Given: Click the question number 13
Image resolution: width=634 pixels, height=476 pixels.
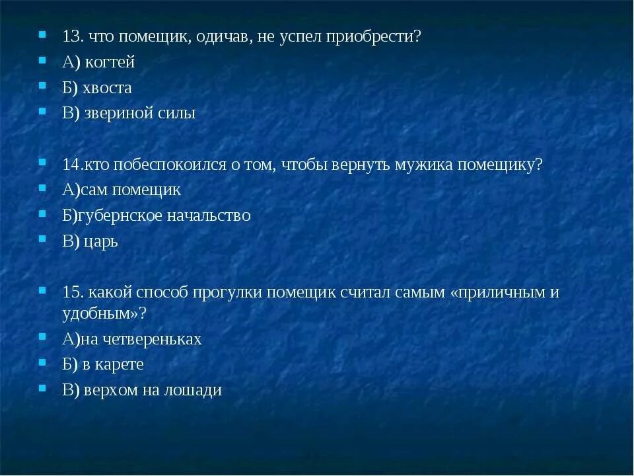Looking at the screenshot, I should tap(71, 37).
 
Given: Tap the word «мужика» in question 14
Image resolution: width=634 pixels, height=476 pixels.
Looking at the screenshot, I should tap(428, 165).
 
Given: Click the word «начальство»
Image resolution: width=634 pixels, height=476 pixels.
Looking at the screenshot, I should tap(211, 216).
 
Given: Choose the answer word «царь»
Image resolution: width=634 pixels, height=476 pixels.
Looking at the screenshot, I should tap(102, 241).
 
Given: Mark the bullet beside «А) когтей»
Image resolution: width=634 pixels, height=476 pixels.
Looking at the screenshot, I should tap(42, 60).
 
